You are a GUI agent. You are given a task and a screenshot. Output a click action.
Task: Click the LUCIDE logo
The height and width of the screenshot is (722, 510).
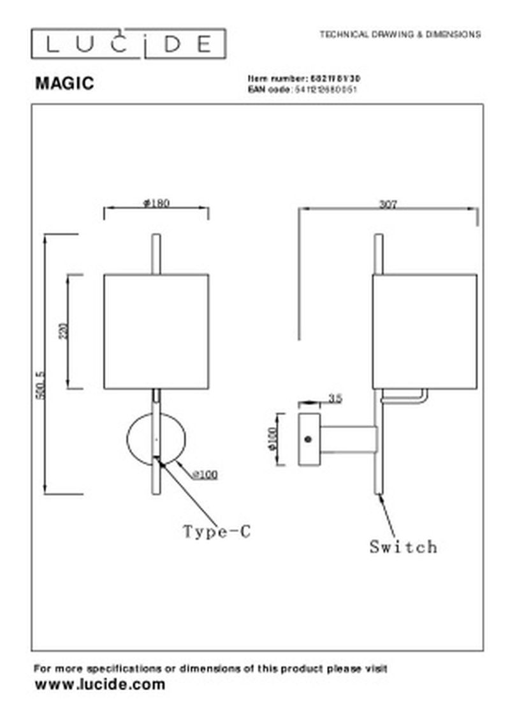(129, 45)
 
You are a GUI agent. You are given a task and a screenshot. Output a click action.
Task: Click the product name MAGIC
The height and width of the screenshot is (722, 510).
(64, 83)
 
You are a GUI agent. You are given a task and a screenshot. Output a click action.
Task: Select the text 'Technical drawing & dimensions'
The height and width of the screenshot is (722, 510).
(400, 34)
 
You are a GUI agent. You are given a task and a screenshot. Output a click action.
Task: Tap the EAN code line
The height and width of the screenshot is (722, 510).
(302, 90)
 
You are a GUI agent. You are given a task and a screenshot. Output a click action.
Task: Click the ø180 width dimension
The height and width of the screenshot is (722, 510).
(156, 203)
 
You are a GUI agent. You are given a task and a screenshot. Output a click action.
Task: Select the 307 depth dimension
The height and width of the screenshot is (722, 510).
(388, 204)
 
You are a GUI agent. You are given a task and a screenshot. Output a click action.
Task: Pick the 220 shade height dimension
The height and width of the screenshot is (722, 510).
(62, 331)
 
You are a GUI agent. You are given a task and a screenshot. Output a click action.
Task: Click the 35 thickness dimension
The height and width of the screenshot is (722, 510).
(335, 399)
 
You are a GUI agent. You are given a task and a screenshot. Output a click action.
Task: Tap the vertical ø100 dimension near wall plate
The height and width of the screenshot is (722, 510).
(272, 439)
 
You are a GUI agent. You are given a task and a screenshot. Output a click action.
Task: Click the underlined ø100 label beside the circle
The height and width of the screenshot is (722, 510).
(205, 474)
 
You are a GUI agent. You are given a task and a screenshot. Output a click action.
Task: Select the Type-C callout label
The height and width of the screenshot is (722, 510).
(217, 531)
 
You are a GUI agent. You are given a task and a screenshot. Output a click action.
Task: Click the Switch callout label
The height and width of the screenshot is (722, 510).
(403, 547)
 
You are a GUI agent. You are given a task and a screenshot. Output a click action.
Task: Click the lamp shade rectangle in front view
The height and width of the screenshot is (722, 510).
(156, 331)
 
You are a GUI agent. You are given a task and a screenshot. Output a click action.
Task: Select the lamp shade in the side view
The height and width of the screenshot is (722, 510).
(425, 331)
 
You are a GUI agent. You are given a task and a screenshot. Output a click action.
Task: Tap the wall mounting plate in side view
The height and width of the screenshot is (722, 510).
(309, 439)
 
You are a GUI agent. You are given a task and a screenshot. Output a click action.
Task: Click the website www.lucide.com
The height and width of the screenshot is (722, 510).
(99, 685)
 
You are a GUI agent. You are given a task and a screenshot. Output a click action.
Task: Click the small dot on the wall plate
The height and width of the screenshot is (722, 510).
(309, 439)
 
